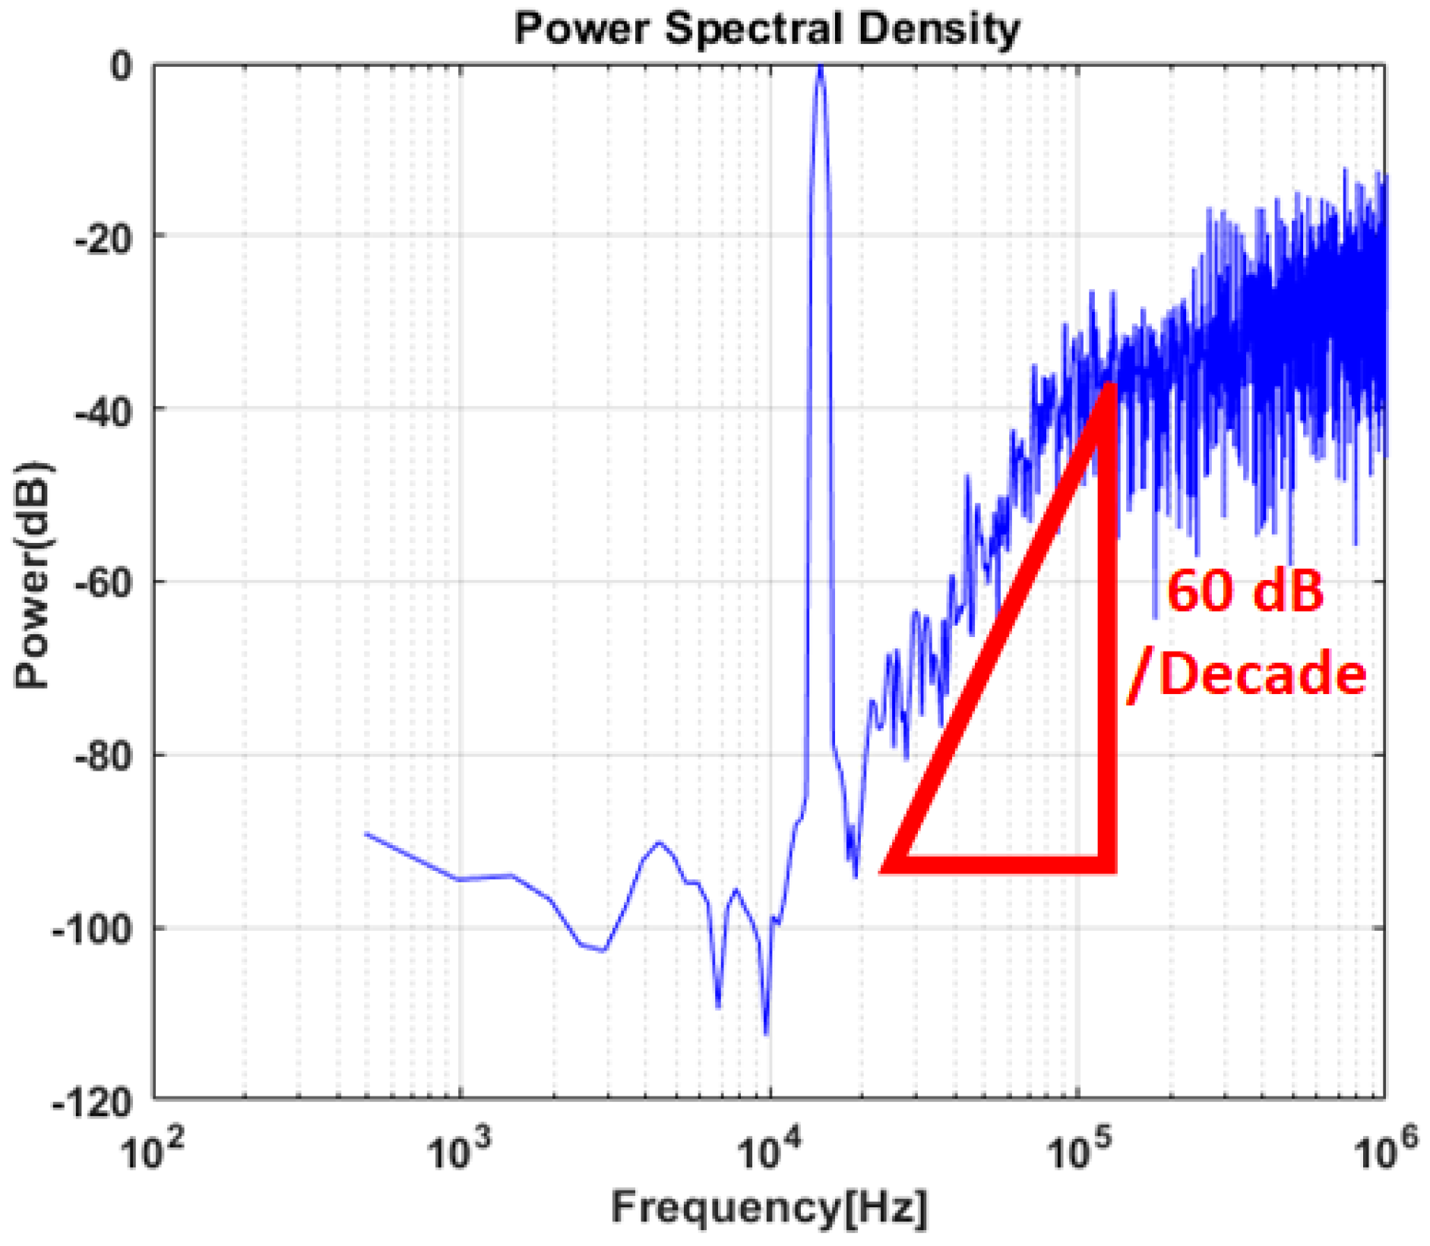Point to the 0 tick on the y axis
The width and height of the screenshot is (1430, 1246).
point(122,66)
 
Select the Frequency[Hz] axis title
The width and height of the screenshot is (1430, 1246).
point(769,1207)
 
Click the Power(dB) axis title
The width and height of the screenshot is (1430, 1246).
point(32,575)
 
